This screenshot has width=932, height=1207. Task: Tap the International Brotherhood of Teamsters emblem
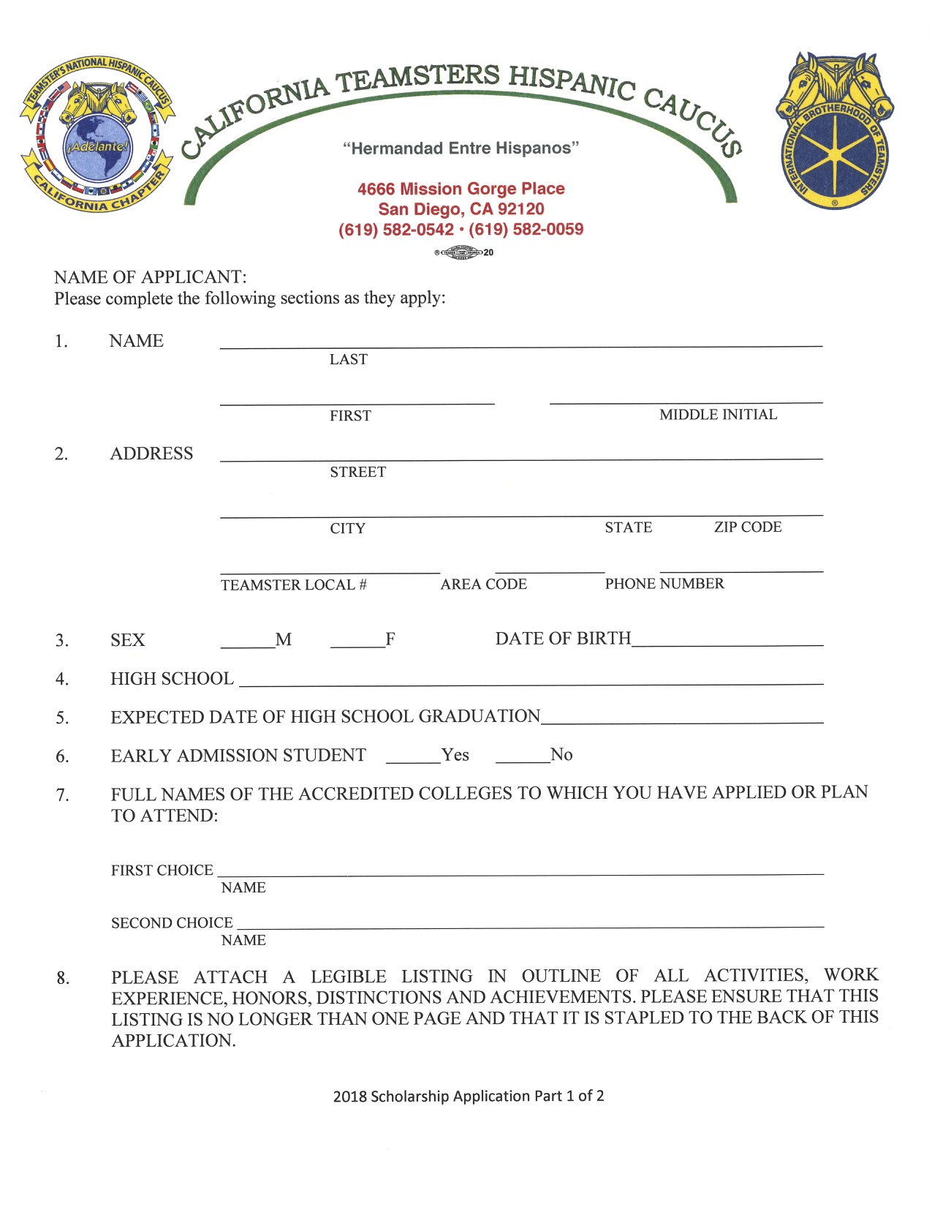834,130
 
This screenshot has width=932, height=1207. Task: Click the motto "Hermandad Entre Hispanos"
461,148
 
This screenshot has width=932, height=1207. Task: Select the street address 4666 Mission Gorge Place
461,189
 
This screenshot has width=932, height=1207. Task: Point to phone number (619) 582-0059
526,230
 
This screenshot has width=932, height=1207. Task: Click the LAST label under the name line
348,359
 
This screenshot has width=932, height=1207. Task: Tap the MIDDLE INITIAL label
718,415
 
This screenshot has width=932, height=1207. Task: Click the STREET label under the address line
357,472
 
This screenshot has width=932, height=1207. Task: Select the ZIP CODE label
747,527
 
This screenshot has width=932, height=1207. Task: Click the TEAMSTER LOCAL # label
294,584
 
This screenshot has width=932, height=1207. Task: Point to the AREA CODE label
483,584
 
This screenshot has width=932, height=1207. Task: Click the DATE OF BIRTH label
562,639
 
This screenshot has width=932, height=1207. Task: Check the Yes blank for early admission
413,757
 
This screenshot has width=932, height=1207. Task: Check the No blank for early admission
522,757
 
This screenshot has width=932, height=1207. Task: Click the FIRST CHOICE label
162,870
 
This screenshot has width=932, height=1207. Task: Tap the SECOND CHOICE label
172,923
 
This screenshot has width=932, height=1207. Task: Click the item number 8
63,978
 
